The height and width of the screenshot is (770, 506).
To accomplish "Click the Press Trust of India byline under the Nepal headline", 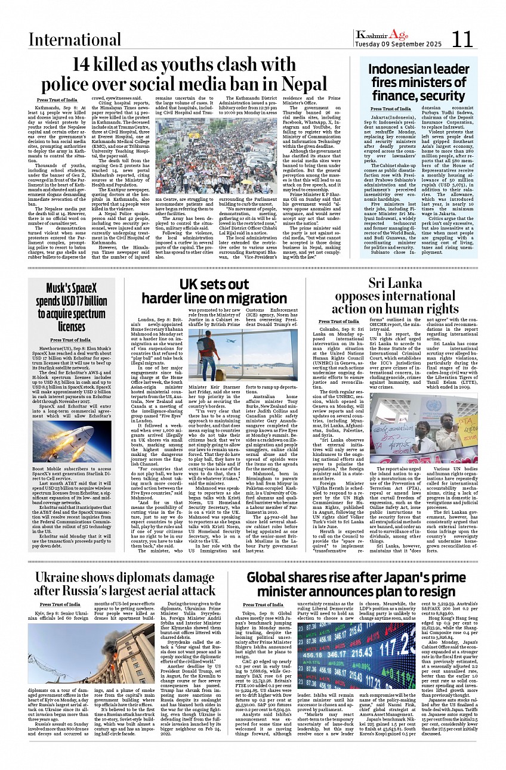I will click(57, 100).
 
